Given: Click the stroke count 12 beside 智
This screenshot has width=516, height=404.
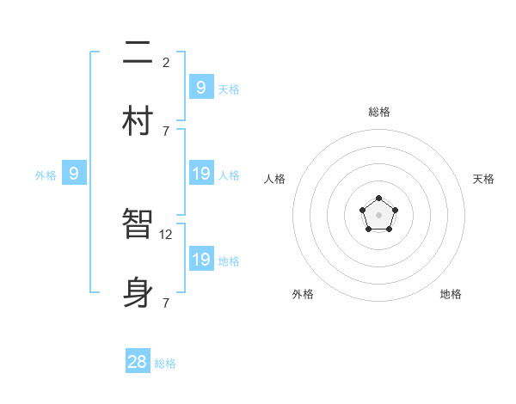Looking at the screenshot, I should [167, 234].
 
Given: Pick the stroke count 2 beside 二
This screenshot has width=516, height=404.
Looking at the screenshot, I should [166, 62].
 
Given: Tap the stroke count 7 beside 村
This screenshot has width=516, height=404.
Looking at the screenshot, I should [166, 131].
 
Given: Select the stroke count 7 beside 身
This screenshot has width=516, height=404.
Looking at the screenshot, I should [166, 303].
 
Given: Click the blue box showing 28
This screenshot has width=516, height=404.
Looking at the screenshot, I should [138, 362].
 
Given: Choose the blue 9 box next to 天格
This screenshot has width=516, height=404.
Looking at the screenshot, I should [201, 87].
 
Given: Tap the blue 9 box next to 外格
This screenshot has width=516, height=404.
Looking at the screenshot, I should [75, 174].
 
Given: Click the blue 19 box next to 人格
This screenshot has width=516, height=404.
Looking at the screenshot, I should [201, 174].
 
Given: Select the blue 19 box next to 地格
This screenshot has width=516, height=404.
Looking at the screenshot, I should [201, 259].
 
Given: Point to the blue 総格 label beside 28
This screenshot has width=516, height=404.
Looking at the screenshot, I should [165, 364].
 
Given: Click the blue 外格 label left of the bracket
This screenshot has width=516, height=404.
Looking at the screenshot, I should [46, 175].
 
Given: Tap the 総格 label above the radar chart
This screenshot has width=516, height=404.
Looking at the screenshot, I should [379, 112].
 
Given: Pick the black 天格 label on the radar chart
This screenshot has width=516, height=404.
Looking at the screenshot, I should [483, 179].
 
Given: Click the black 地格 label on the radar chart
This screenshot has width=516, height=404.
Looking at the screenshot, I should [451, 294].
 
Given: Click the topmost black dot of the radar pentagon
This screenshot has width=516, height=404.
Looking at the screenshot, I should [378, 199].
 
